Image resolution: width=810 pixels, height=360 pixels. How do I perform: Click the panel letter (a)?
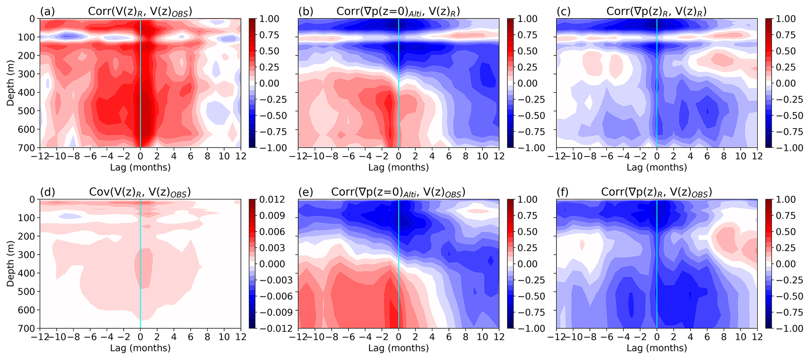[47, 11]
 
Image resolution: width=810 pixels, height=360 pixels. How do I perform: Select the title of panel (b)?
[398, 12]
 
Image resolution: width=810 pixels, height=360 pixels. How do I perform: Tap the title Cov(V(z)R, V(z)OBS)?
[140, 192]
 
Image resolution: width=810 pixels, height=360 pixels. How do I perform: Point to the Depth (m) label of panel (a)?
[9, 83]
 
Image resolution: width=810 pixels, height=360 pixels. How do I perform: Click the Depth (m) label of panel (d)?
[9, 264]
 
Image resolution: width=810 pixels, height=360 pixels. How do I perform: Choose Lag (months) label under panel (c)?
[656, 168]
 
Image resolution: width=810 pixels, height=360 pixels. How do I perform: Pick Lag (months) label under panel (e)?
[398, 348]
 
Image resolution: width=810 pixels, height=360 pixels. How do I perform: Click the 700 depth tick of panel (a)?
[29, 148]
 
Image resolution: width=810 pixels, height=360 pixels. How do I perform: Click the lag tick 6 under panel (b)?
[449, 156]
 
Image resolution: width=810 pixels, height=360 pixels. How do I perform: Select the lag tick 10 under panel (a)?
[224, 156]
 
